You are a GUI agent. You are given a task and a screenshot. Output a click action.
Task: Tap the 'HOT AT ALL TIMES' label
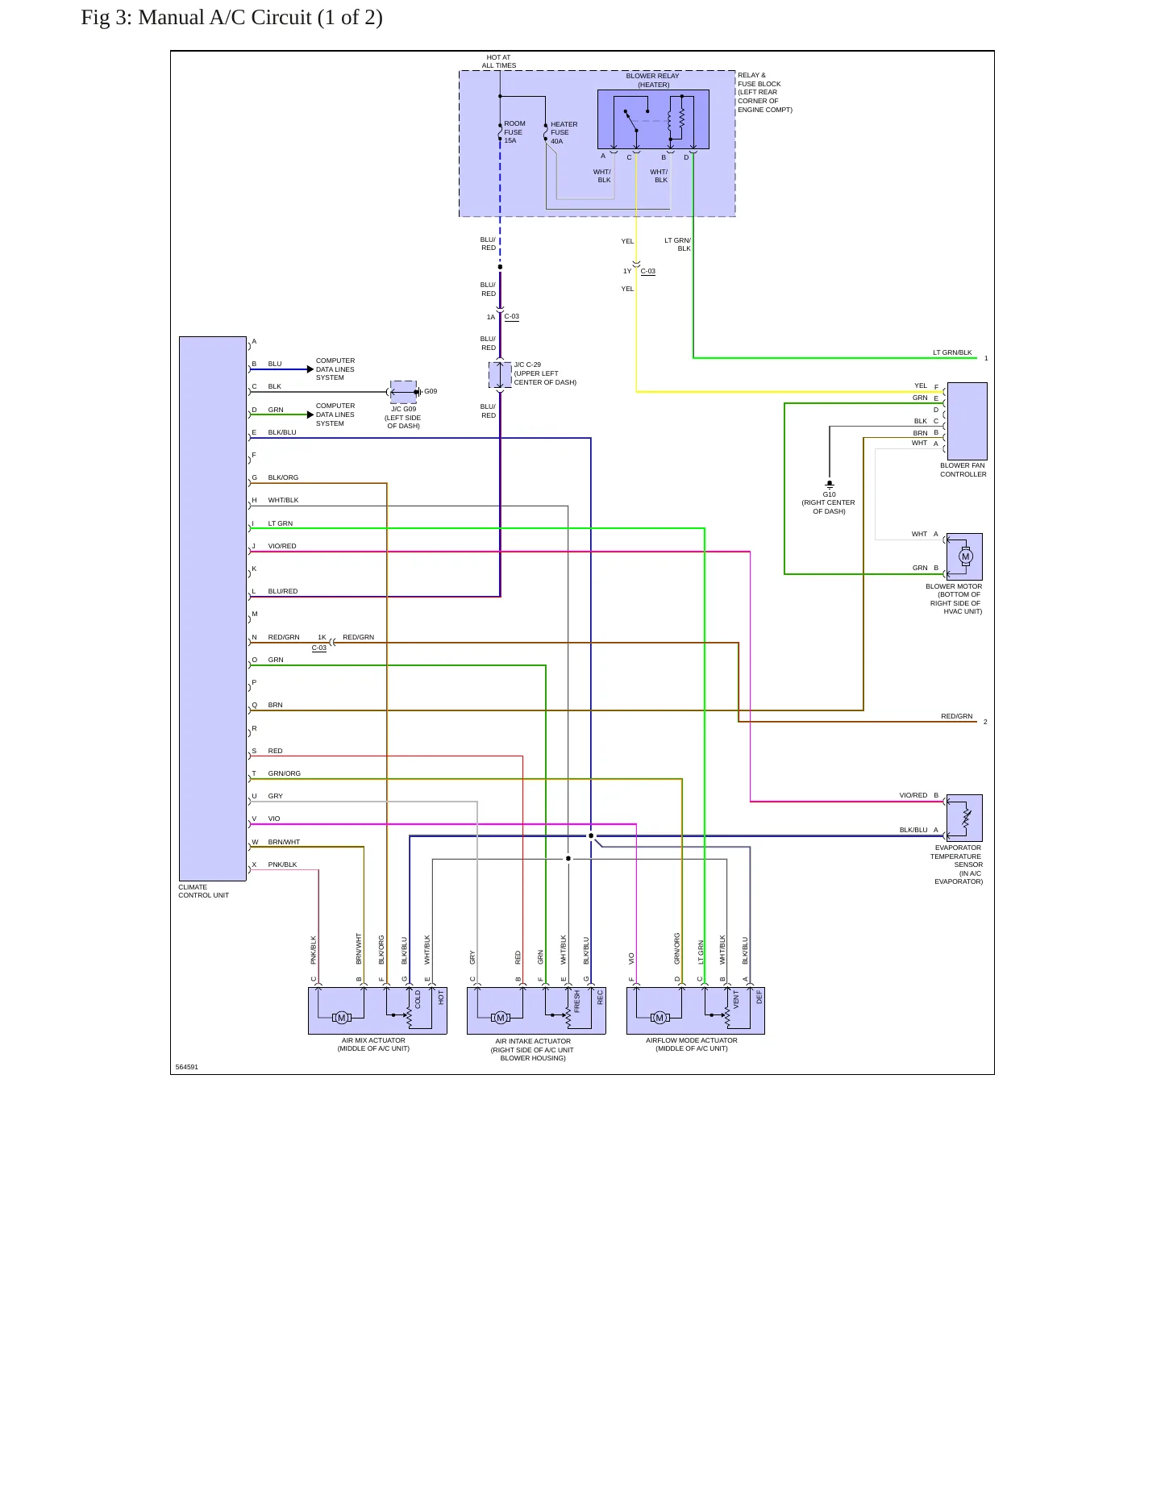coord(499,62)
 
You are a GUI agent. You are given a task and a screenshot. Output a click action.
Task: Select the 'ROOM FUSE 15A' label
coord(514,132)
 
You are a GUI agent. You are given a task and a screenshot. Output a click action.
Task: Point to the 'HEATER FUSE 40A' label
coord(564,133)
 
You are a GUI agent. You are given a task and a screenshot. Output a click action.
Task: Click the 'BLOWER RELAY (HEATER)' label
coord(653,81)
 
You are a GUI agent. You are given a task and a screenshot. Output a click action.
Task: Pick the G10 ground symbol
coord(830,485)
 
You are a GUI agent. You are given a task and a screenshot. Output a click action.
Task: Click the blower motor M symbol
coord(966,556)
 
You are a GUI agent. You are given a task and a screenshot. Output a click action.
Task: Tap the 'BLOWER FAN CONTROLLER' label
coord(963,470)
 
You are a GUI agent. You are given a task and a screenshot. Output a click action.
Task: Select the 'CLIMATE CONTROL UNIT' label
coord(203,891)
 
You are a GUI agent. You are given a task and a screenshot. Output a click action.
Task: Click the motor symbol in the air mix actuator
coord(341,1018)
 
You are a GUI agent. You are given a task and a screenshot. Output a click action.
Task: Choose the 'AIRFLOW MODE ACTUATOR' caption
coord(692,1040)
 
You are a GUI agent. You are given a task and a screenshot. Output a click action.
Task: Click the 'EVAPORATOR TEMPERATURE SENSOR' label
coord(958,856)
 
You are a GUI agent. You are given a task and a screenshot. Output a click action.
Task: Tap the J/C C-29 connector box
coord(500,375)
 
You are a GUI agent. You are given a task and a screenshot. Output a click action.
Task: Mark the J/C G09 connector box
coord(403,392)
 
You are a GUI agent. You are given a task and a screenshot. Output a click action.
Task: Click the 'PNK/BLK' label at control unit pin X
coord(282,864)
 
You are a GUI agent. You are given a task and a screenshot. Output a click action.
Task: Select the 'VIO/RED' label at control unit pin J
coord(282,546)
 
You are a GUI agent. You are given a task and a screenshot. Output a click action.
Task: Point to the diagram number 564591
coord(186,1067)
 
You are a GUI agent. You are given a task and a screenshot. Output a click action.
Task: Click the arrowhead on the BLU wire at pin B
coord(310,369)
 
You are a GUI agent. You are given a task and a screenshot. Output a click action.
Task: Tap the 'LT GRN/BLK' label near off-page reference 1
coord(952,352)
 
